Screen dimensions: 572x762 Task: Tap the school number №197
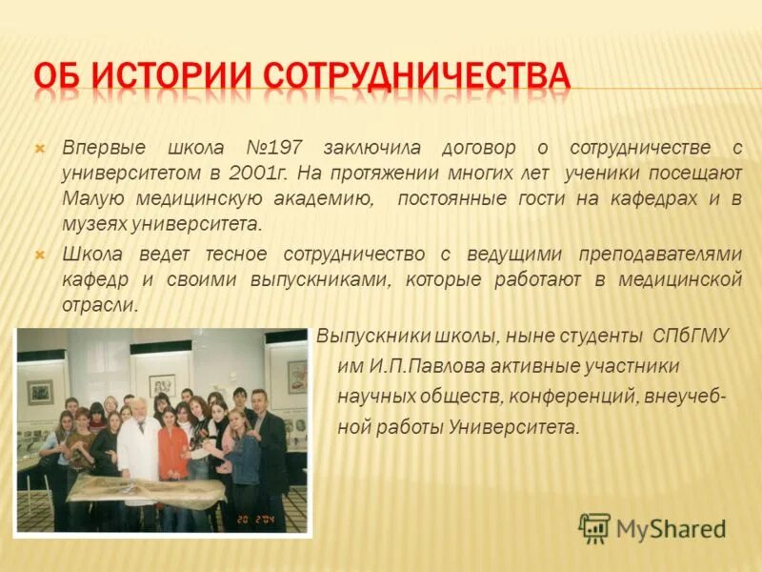click(275, 149)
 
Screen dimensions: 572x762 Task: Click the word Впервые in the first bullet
click(104, 149)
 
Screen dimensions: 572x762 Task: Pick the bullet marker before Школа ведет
click(40, 255)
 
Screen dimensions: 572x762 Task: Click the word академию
click(322, 198)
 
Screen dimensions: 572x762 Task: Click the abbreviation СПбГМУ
click(691, 337)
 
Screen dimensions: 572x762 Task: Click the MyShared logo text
click(671, 528)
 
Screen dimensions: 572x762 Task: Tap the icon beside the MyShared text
click(594, 527)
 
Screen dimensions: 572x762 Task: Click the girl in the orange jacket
click(173, 448)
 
